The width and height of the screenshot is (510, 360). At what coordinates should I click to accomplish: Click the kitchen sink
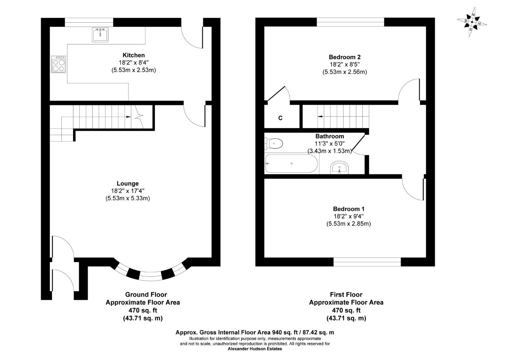(x=100, y=35)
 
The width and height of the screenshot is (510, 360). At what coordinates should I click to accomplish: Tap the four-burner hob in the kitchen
(x=58, y=64)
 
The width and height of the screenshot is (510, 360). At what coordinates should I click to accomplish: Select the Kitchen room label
(x=134, y=55)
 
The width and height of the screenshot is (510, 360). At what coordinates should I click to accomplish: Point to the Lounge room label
(x=127, y=183)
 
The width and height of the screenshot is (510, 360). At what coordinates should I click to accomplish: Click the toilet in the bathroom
(x=274, y=144)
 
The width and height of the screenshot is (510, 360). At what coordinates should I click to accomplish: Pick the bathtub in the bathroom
(x=292, y=163)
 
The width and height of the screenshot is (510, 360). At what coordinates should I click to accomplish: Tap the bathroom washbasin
(x=339, y=168)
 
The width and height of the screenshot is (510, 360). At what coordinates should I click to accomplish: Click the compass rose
(x=472, y=22)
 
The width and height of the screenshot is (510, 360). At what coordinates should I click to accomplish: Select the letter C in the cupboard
(x=280, y=118)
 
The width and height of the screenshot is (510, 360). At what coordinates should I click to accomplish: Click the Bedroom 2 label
(x=345, y=57)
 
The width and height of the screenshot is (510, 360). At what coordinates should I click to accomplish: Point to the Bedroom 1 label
(x=349, y=209)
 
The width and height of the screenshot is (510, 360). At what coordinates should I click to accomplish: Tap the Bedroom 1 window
(x=367, y=262)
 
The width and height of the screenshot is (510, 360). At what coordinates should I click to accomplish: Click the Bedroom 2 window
(x=351, y=22)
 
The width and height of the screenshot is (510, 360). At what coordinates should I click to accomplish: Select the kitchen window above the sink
(x=89, y=22)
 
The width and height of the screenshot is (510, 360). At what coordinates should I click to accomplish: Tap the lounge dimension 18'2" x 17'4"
(x=127, y=191)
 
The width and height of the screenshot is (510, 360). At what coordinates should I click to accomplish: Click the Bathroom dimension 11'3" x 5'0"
(x=330, y=144)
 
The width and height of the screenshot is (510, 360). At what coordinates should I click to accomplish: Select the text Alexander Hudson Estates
(x=255, y=349)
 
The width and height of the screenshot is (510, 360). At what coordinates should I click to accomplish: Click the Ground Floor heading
(x=146, y=294)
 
